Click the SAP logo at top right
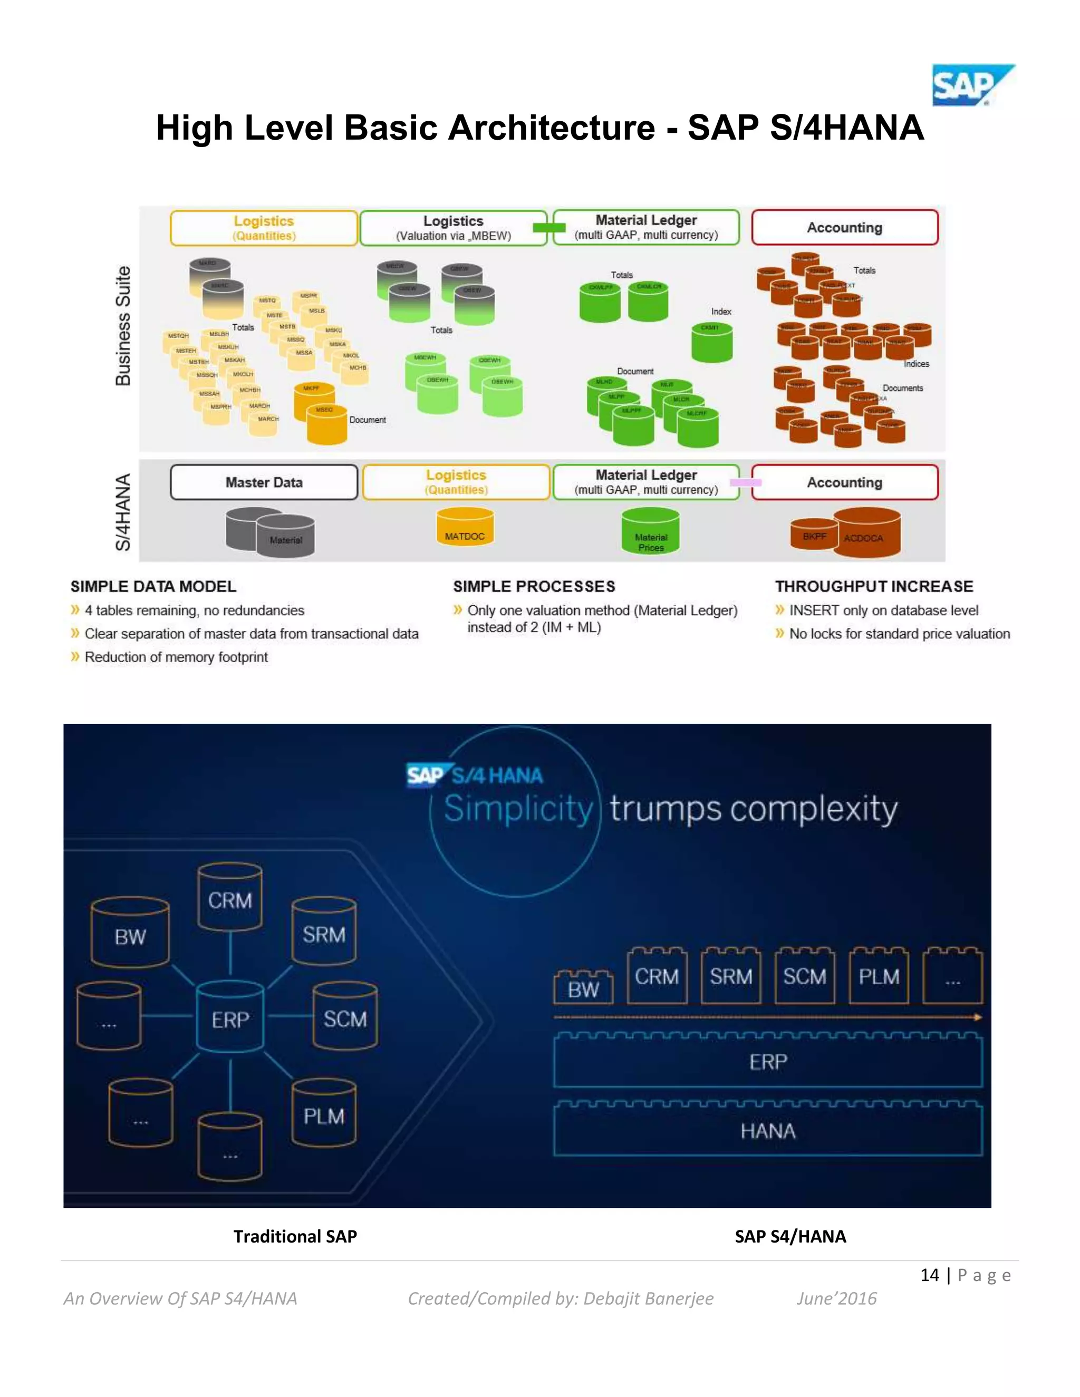click(x=971, y=85)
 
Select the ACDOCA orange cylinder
click(x=867, y=532)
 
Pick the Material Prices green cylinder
click(x=651, y=531)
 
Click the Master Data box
click(x=264, y=482)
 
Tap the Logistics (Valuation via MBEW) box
click(x=453, y=228)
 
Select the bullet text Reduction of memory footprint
click(x=176, y=657)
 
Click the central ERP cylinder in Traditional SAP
click(x=230, y=1017)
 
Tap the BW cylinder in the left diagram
click(x=130, y=935)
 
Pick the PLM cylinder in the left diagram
click(x=324, y=1114)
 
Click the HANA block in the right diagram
click(x=767, y=1131)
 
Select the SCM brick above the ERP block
click(x=804, y=977)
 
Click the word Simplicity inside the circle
click(x=518, y=809)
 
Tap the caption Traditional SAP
click(x=295, y=1236)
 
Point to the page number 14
click(x=929, y=1275)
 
